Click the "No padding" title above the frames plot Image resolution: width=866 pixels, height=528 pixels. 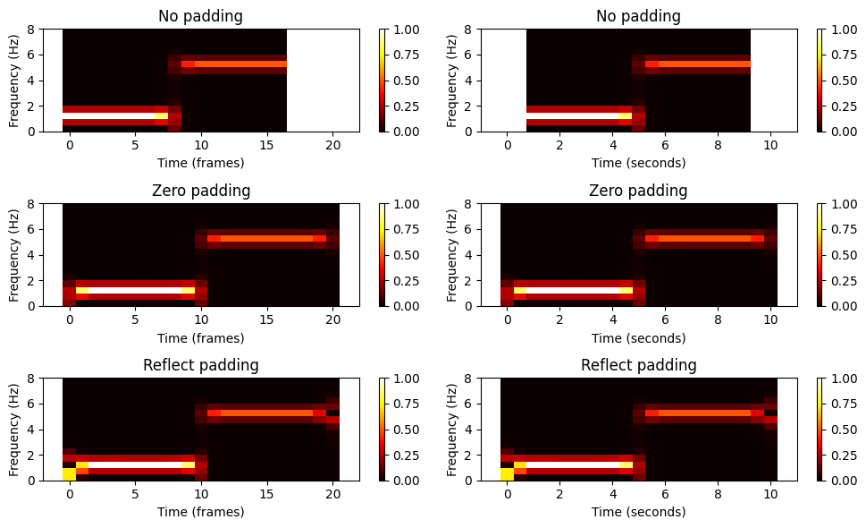200,16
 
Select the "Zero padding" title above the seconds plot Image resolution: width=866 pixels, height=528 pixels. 638,191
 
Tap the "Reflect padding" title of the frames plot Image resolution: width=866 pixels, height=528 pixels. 200,365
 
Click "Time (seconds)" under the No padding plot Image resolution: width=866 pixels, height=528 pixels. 638,163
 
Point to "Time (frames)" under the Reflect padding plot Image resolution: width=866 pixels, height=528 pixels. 200,512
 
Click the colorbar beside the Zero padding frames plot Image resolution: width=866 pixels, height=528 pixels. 382,255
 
